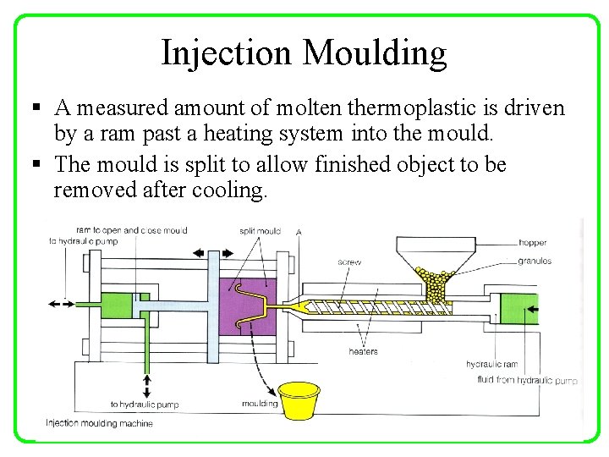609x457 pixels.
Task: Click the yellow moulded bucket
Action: tap(299, 400)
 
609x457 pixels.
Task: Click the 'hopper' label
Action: tap(533, 243)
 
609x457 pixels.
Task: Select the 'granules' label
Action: tap(535, 262)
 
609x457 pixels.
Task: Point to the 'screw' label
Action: tap(349, 262)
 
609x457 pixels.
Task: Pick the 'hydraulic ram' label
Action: tap(491, 364)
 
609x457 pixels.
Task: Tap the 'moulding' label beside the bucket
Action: tap(260, 404)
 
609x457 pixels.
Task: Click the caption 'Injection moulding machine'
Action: tap(99, 423)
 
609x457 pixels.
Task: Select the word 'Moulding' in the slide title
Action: tap(375, 52)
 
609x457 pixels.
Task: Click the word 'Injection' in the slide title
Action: tap(227, 52)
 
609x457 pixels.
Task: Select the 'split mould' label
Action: tap(260, 231)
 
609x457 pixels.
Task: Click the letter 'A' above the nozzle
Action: tap(299, 232)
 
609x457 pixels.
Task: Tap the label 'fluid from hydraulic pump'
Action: tap(527, 380)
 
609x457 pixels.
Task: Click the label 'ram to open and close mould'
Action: tap(131, 230)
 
